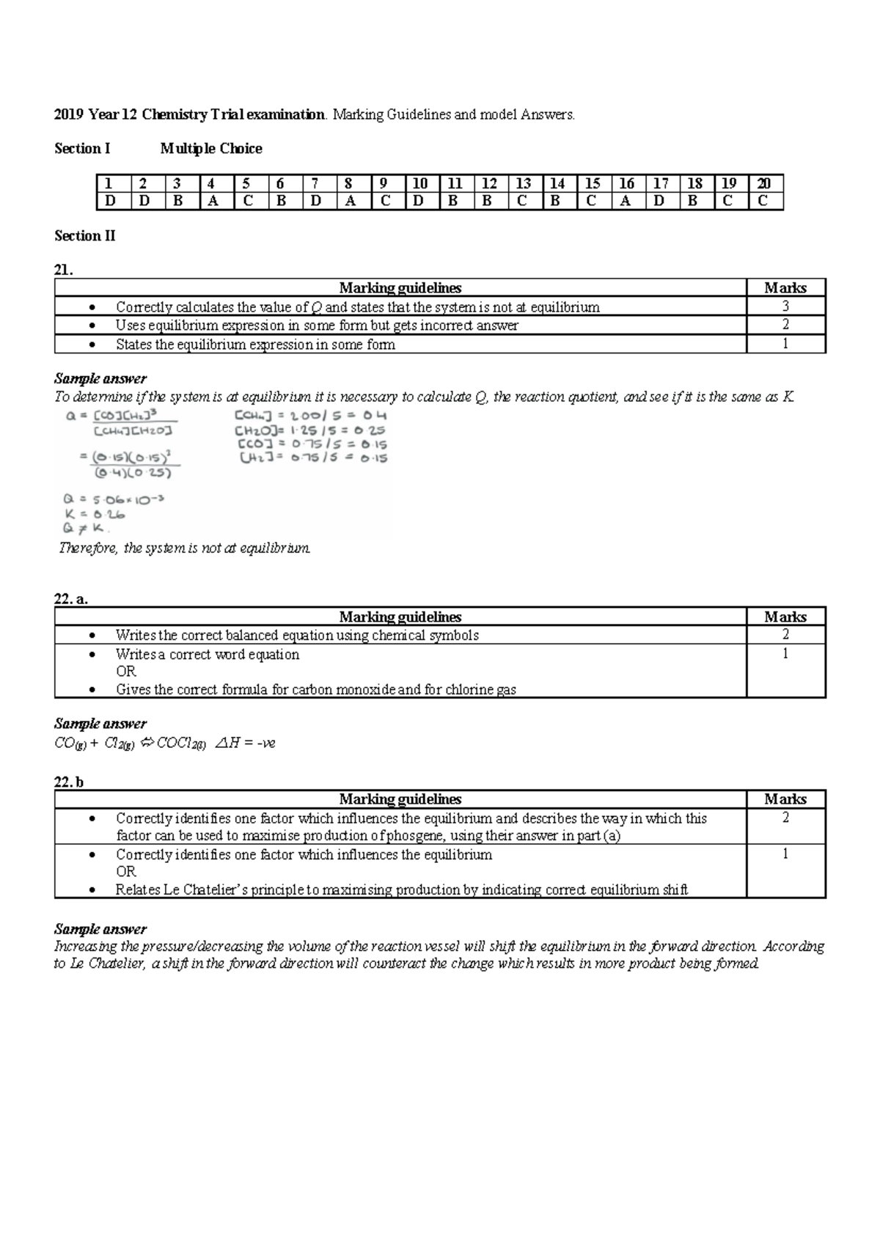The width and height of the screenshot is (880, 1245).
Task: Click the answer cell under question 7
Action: [315, 201]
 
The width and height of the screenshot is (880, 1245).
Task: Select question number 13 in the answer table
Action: [523, 183]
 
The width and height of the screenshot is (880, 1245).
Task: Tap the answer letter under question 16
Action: [626, 201]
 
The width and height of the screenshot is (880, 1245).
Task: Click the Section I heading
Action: [82, 149]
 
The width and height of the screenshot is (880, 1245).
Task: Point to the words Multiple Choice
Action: [211, 149]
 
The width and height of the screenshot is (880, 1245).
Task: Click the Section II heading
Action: [84, 236]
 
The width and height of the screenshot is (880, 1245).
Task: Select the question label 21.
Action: [63, 270]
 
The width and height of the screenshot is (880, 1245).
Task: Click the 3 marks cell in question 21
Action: [785, 306]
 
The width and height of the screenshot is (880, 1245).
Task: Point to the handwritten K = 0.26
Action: [95, 514]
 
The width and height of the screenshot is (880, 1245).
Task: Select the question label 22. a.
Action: [71, 599]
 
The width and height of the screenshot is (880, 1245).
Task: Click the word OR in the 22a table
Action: [125, 672]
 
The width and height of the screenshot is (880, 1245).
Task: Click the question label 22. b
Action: [69, 782]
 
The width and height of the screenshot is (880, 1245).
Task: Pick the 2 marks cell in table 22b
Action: [785, 818]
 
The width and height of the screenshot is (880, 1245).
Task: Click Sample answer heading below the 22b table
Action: [100, 929]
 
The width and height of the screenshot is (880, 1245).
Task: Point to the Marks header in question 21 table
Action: [785, 288]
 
